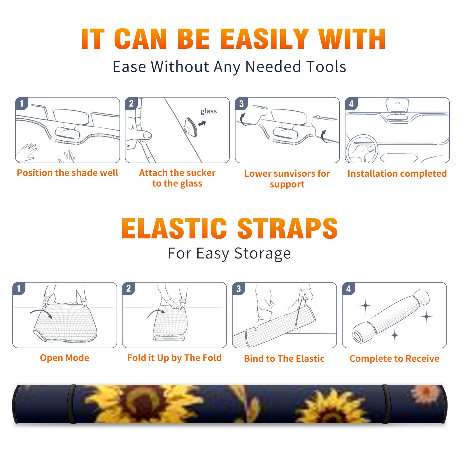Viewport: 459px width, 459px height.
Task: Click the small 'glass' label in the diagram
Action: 209,111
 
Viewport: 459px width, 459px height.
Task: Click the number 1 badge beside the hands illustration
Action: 22,103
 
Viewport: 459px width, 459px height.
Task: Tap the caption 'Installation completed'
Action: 397,174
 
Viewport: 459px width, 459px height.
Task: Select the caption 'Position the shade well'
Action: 67,173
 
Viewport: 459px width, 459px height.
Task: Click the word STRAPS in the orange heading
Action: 287,228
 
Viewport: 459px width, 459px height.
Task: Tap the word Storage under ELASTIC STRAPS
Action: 262,254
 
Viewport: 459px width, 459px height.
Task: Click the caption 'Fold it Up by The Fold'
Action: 174,358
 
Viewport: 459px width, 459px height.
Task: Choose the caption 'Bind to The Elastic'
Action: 284,359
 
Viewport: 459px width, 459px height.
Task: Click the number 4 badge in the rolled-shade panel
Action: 349,289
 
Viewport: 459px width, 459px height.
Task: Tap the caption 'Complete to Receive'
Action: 394,359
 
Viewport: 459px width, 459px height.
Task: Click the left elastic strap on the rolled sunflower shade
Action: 72,404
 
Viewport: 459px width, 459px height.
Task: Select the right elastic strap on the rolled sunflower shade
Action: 386,404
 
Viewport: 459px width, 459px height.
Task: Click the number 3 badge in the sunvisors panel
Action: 241,104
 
